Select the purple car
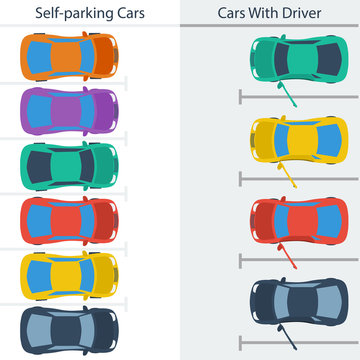pyautogui.click(x=68, y=109)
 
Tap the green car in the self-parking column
pyautogui.click(x=68, y=164)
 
